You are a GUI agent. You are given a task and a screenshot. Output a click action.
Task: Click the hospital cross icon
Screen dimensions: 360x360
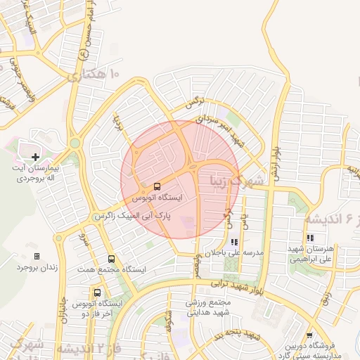[36, 156]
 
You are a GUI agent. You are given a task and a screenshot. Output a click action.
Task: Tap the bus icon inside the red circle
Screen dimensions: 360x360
[156, 187]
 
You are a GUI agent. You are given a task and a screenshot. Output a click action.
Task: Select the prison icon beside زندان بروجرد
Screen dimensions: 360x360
[37, 257]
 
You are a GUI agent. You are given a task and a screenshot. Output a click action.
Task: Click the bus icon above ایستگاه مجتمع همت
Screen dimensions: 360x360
[112, 259]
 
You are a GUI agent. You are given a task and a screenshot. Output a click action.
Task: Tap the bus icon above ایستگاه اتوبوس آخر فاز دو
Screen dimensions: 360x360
[97, 292]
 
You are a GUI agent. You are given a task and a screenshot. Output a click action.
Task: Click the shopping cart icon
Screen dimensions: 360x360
[310, 335]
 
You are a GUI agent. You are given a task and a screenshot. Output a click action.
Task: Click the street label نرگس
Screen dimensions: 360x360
[193, 103]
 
